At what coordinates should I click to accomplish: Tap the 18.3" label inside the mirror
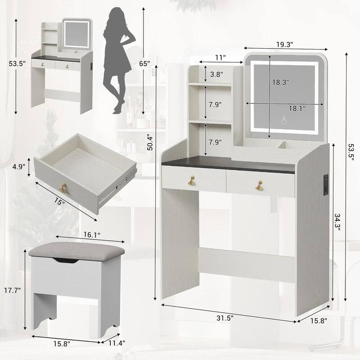coord(280,82)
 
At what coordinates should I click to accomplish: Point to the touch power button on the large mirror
coord(283,120)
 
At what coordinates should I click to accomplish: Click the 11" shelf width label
coord(220,57)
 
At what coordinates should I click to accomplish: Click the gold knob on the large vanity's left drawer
coord(191,181)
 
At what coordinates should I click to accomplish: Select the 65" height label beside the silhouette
coord(144,64)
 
